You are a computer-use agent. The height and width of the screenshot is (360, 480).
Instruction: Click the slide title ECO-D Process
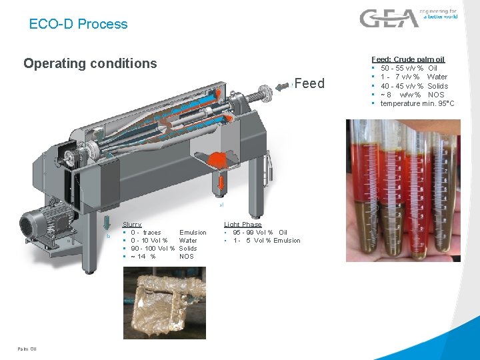[78, 24]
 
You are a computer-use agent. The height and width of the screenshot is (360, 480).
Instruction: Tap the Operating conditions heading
[90, 64]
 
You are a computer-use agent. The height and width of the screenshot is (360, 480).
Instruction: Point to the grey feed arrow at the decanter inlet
[271, 90]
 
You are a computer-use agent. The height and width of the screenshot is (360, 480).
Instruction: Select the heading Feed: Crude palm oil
[407, 59]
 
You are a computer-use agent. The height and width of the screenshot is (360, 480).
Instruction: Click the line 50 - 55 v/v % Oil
[409, 68]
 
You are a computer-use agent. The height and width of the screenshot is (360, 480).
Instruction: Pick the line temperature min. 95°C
[417, 103]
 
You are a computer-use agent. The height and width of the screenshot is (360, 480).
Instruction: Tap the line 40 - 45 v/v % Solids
[414, 86]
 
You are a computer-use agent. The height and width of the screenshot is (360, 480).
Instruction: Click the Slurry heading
[132, 225]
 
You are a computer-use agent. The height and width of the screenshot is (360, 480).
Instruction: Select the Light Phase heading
[243, 225]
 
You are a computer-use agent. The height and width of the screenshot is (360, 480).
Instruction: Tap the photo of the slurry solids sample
[165, 303]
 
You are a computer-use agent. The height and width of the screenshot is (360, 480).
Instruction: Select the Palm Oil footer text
[27, 349]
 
